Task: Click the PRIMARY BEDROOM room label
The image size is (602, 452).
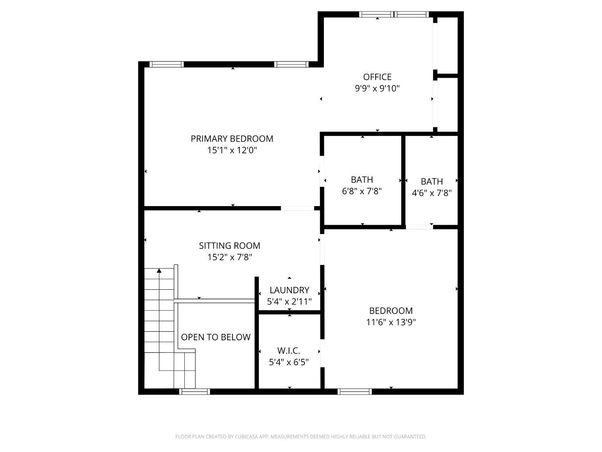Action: (x=232, y=139)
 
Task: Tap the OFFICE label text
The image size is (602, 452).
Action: (x=377, y=77)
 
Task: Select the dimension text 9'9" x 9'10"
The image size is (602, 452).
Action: (x=377, y=88)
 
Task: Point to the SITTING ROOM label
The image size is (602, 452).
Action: (x=230, y=245)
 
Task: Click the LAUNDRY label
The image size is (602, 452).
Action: (x=289, y=290)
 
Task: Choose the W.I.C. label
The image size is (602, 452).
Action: (x=289, y=351)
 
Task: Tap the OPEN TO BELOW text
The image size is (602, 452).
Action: (x=216, y=337)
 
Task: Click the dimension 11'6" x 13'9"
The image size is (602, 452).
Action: (x=391, y=322)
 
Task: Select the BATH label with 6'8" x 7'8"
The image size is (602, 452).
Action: (x=362, y=180)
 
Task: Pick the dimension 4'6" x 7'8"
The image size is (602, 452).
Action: (x=432, y=193)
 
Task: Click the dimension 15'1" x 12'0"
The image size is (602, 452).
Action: (x=232, y=150)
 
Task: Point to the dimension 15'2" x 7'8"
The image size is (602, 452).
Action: (x=230, y=257)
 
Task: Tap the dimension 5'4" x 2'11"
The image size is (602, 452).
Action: (x=289, y=302)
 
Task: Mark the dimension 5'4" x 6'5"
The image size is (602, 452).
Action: (x=289, y=362)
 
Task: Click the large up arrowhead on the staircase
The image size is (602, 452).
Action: (x=159, y=271)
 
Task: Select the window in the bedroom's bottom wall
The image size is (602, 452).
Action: (x=355, y=392)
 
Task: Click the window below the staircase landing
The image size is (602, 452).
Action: (x=195, y=392)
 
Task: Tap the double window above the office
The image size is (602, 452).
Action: (x=394, y=14)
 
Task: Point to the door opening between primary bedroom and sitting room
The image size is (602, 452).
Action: (x=297, y=208)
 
